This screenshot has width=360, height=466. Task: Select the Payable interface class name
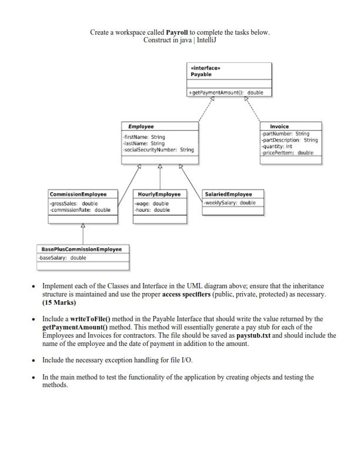[x=202, y=75]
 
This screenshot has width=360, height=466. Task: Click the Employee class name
[x=141, y=127]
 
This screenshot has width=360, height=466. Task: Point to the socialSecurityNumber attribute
[x=157, y=150]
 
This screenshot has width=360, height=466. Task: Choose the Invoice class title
[x=279, y=127]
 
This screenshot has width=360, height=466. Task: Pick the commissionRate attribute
[x=80, y=209]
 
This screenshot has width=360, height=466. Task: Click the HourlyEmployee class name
[x=159, y=194]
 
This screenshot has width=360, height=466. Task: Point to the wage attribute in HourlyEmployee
[x=152, y=204]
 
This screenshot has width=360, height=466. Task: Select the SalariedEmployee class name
[x=228, y=194]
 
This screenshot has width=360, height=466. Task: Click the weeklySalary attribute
[x=230, y=203]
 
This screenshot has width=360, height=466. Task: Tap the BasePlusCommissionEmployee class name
[x=81, y=249]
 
